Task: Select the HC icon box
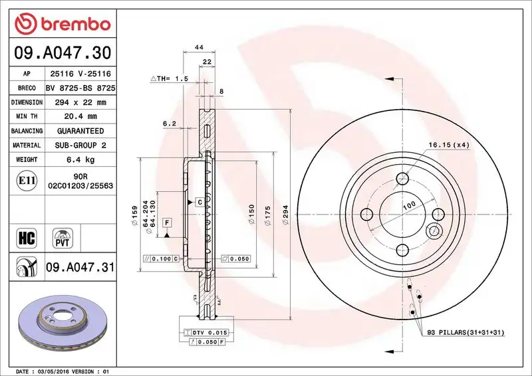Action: (24, 237)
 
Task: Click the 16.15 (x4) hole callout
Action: (448, 144)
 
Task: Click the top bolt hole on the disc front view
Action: (402, 179)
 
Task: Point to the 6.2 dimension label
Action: (168, 124)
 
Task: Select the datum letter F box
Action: (167, 221)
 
